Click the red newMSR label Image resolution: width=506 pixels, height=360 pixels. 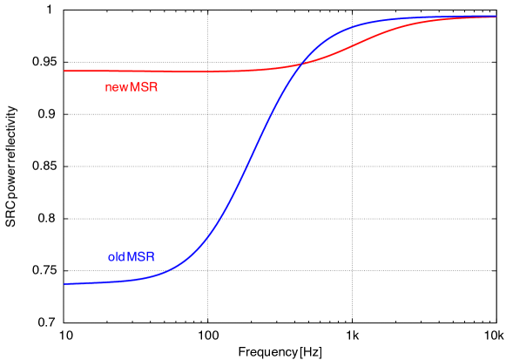(132, 87)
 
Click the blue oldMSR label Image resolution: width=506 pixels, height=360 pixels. (132, 257)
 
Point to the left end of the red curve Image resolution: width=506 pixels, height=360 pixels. (65, 71)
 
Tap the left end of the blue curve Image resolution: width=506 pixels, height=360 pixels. (65, 283)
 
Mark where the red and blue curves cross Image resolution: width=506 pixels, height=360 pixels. (300, 64)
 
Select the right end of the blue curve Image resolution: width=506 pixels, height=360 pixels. (496, 17)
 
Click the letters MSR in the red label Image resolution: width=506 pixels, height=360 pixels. (144, 87)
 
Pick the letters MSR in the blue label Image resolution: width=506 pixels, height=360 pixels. (143, 257)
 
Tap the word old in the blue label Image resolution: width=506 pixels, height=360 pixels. (116, 257)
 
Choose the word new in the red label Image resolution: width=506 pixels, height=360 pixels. (117, 87)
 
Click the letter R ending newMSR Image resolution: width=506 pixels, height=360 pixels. (153, 87)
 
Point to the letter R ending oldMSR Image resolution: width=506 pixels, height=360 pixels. (152, 257)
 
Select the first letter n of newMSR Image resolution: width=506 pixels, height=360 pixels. (108, 87)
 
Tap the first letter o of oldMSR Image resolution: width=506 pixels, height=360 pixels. (111, 257)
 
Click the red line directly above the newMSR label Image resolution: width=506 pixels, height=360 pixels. (132, 71)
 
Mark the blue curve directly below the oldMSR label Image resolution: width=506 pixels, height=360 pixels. (132, 280)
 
